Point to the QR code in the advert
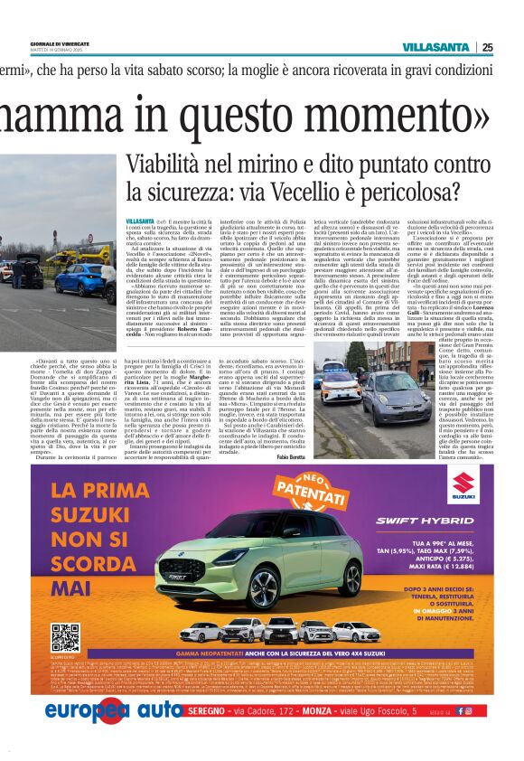(x=65, y=637)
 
